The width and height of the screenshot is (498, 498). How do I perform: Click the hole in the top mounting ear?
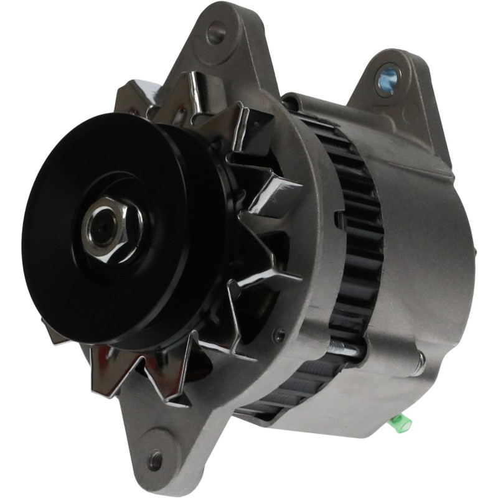point(215,32)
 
